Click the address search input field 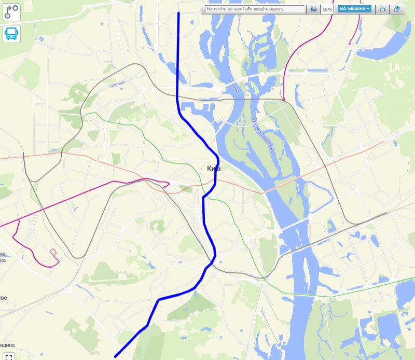tap(254, 9)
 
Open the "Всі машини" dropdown tap(354, 9)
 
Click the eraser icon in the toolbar tap(397, 9)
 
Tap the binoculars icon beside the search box tap(313, 9)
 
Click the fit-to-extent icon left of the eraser tap(382, 9)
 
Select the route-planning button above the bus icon tap(11, 12)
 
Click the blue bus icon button tap(11, 34)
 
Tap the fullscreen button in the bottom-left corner tap(9, 356)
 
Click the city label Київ tap(214, 169)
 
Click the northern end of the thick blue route tap(178, 13)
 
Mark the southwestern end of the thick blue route tap(115, 356)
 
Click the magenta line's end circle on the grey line tap(284, 99)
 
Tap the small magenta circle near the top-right tap(350, 45)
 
